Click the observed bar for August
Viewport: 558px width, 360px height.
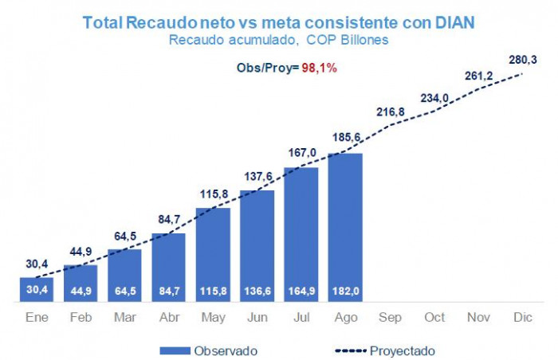[x=344, y=227]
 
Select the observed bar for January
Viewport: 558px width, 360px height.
[x=37, y=290]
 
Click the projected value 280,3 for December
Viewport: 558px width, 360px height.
[x=523, y=58]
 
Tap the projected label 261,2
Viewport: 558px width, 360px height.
[x=479, y=76]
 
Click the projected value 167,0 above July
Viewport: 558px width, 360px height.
[x=302, y=152]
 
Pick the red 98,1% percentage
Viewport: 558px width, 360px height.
[x=319, y=68]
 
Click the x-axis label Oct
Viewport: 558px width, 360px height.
[x=434, y=317]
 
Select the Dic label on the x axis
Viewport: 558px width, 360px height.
[x=522, y=317]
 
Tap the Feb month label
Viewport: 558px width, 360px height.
[x=81, y=317]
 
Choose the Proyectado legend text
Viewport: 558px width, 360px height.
[x=403, y=350]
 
